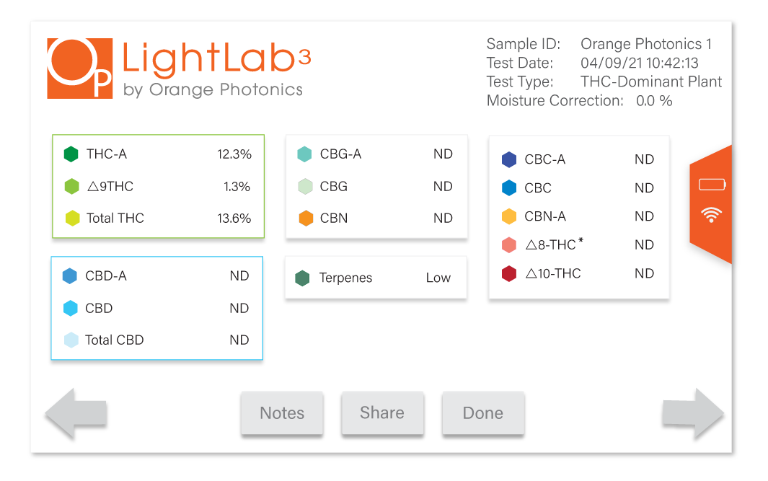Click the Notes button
282,413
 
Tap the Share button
382,413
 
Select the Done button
483,413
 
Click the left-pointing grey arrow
76,413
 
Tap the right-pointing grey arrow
692,413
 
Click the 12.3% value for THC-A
234,154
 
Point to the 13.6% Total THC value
234,219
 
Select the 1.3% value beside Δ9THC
237,187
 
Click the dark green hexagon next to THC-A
71,154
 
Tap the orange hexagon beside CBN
306,218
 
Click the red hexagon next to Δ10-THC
509,273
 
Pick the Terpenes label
346,278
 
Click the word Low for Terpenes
438,278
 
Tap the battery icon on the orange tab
712,184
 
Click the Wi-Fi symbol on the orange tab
711,215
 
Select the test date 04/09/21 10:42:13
639,63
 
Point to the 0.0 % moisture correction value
654,100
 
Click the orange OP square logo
80,69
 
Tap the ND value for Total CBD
239,340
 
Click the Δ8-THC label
554,244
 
